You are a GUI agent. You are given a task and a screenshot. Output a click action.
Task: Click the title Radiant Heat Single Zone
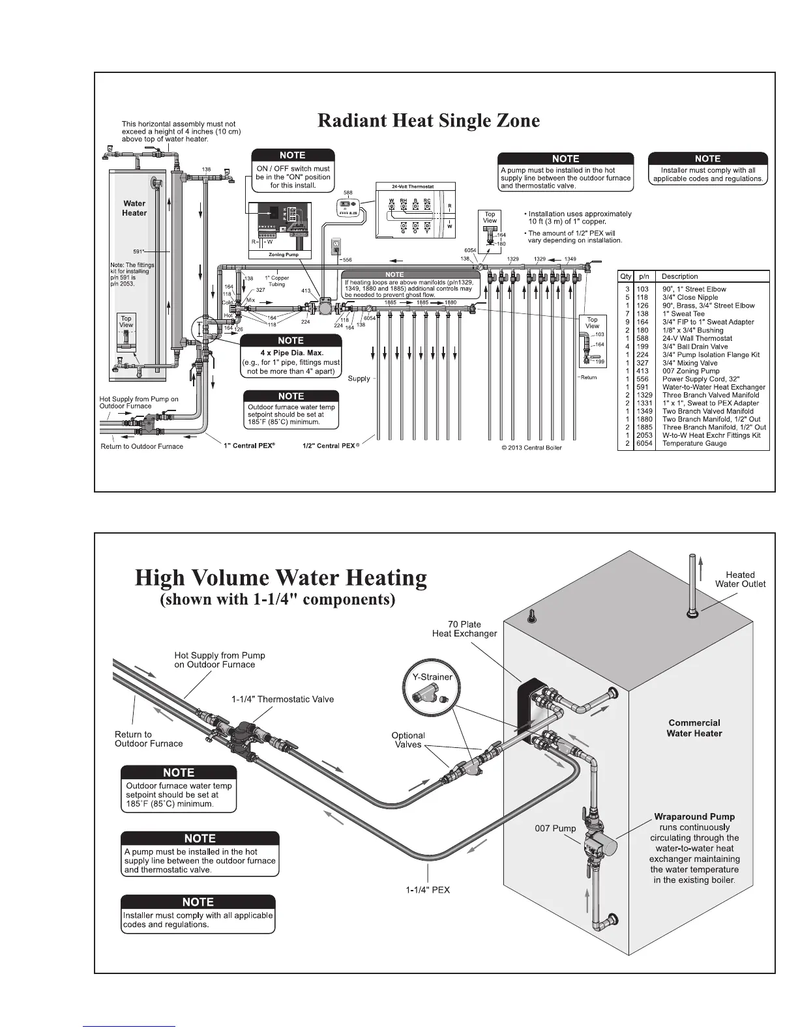point(428,121)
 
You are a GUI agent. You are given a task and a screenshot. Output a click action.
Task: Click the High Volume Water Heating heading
point(281,578)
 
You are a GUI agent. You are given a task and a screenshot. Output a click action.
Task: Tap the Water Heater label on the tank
point(134,208)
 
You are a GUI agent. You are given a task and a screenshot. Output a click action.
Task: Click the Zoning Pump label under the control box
point(284,255)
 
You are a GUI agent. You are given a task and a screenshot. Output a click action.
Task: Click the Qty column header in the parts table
point(625,276)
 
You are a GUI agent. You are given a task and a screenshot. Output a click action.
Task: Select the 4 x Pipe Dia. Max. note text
point(291,353)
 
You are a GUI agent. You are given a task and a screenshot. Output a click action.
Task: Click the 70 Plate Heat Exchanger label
point(464,629)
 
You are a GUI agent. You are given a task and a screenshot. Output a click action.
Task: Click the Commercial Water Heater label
point(694,728)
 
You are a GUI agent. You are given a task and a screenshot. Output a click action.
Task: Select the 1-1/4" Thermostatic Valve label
point(282,699)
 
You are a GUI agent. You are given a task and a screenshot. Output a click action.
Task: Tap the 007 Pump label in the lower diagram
point(555,829)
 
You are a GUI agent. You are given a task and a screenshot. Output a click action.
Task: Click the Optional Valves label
point(408,740)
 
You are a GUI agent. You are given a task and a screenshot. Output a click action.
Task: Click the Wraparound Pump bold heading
point(694,816)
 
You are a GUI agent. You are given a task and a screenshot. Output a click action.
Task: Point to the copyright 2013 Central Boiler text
point(531,448)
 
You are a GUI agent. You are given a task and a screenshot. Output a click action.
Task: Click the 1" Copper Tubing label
point(276,281)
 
